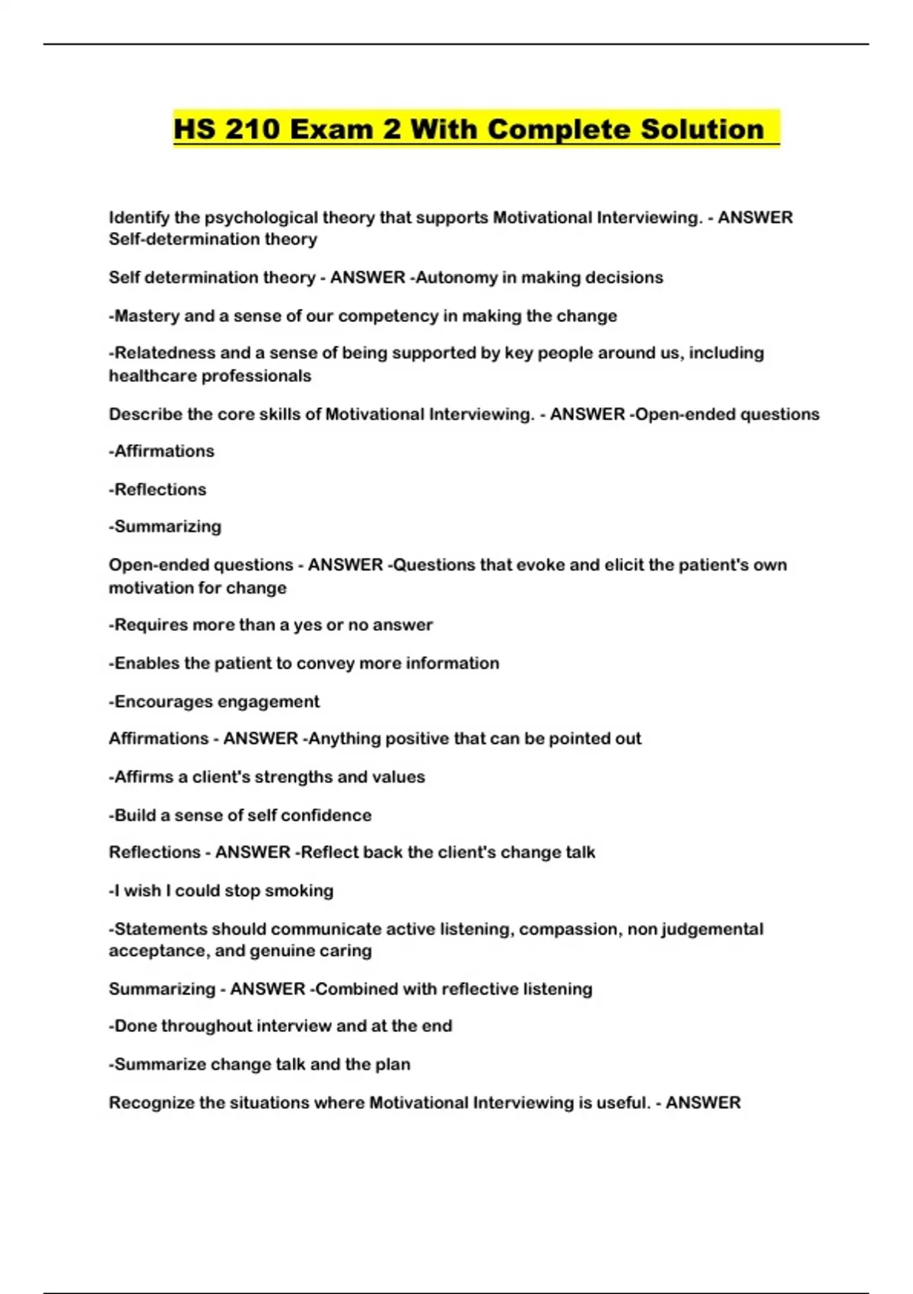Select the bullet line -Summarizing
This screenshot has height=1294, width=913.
(x=165, y=527)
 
